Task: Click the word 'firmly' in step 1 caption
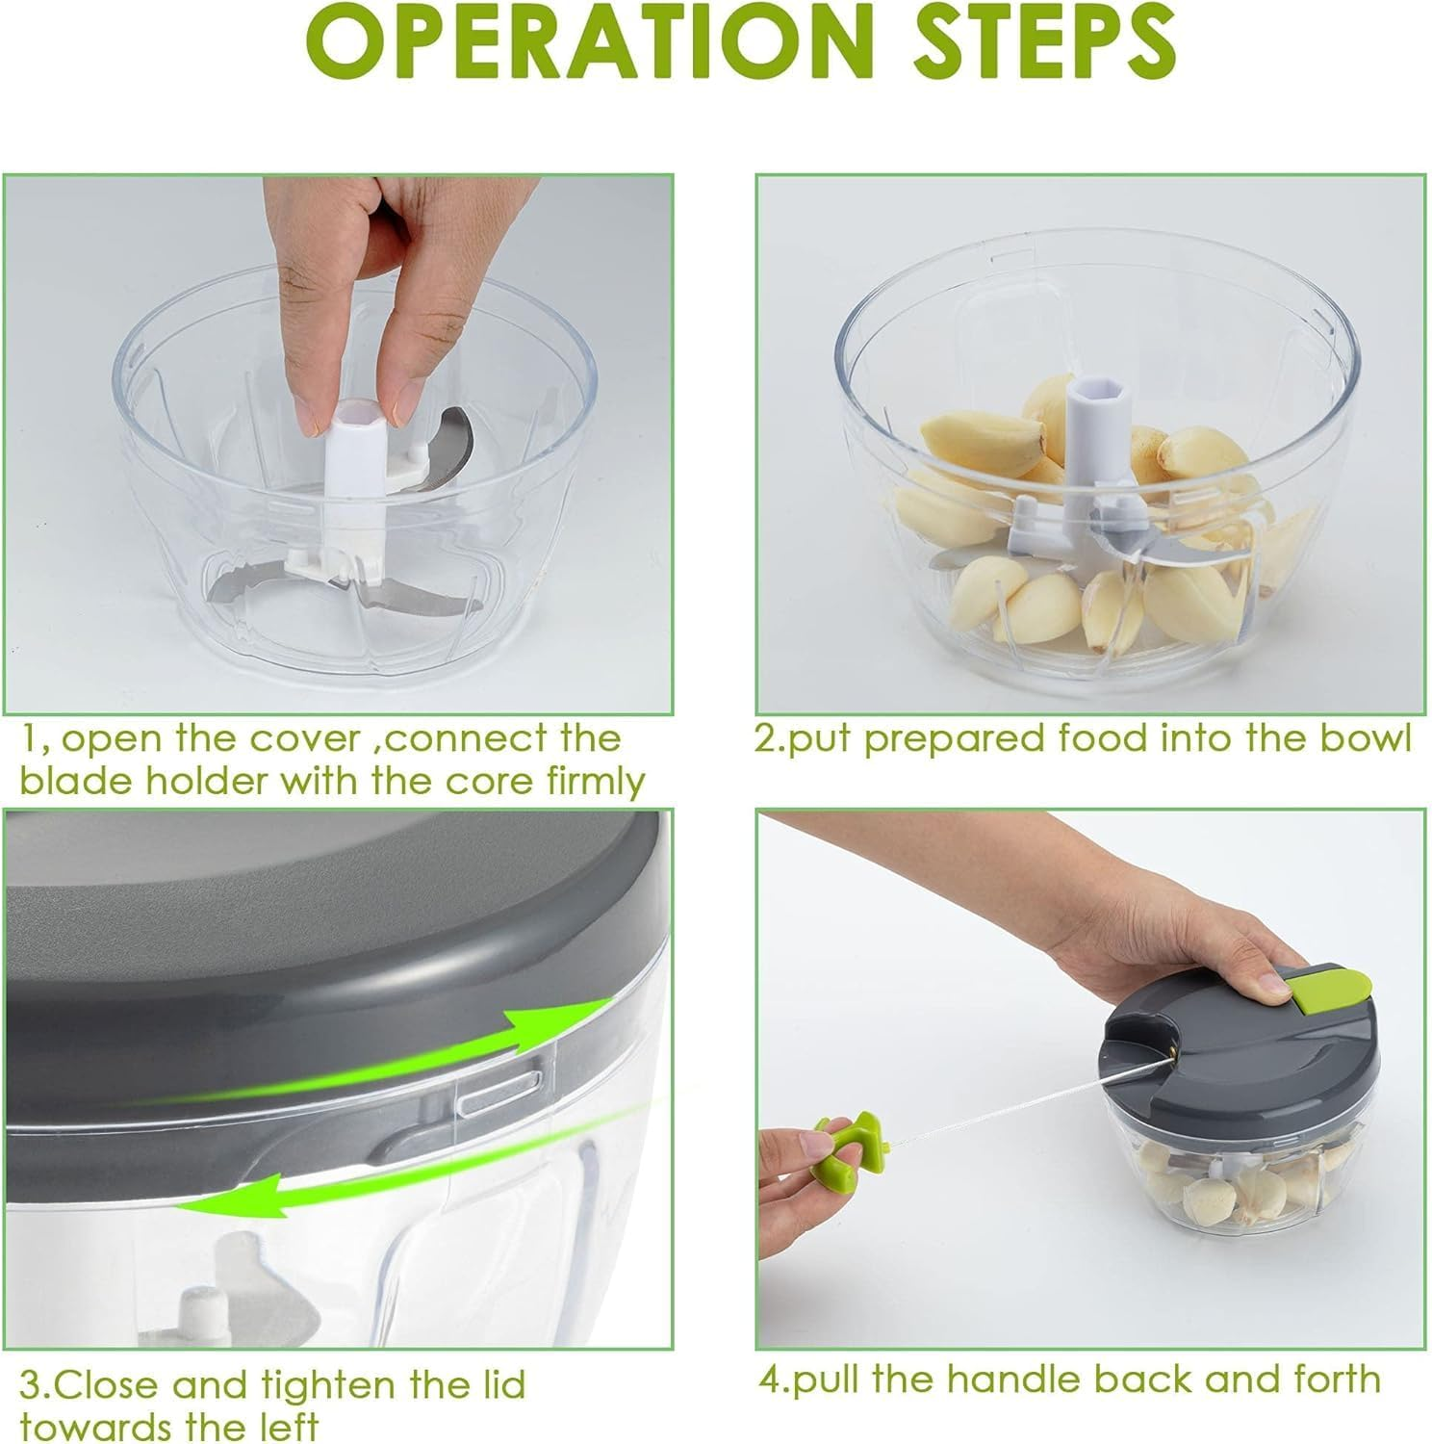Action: (597, 781)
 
